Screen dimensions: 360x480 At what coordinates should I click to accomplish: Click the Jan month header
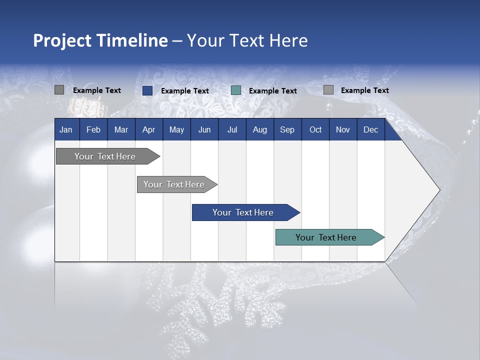coord(66,129)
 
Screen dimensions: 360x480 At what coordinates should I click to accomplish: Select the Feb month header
coord(93,129)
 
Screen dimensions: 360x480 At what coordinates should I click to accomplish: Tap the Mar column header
coord(121,129)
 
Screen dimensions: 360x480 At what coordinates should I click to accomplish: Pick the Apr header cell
coord(149,129)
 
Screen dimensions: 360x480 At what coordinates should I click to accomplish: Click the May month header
coord(176,129)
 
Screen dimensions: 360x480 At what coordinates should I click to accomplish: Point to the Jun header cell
coord(204,129)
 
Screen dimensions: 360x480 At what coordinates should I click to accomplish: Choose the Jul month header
coord(232,129)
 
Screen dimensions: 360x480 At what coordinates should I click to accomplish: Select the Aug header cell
coord(260,129)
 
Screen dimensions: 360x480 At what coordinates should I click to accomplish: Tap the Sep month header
coord(287,129)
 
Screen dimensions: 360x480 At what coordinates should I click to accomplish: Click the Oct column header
coord(315,129)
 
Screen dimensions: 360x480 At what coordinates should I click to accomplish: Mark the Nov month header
coord(343,129)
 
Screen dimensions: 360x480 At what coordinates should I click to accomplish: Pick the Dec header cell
coord(371,129)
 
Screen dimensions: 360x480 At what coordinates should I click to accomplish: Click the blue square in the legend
coord(147,90)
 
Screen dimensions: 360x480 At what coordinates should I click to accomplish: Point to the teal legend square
coord(236,90)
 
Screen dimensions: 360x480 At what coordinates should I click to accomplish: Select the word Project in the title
coord(62,40)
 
